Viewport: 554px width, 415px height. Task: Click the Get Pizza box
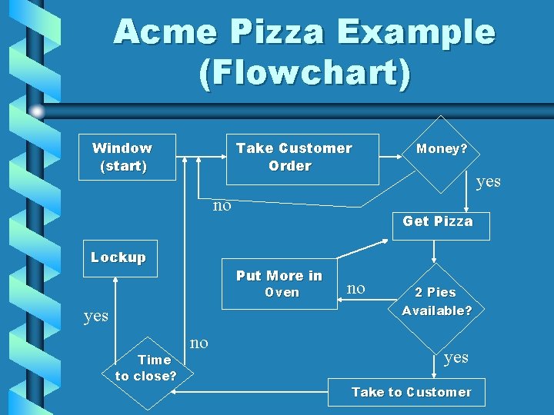438,221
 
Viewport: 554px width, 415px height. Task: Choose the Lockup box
118,258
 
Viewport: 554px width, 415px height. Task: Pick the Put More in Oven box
279,283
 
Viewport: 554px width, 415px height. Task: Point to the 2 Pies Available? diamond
436,301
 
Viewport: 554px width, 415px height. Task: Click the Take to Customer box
411,393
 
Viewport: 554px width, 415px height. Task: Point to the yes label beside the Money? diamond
488,181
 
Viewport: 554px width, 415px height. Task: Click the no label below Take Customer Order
222,205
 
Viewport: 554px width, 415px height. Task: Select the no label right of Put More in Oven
355,288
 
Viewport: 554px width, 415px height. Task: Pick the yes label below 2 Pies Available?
456,357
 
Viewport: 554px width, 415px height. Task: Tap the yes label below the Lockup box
95,316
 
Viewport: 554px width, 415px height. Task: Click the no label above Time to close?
199,343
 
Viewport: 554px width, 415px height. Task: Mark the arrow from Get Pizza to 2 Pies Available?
436,252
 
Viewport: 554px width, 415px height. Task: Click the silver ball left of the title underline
37,111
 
